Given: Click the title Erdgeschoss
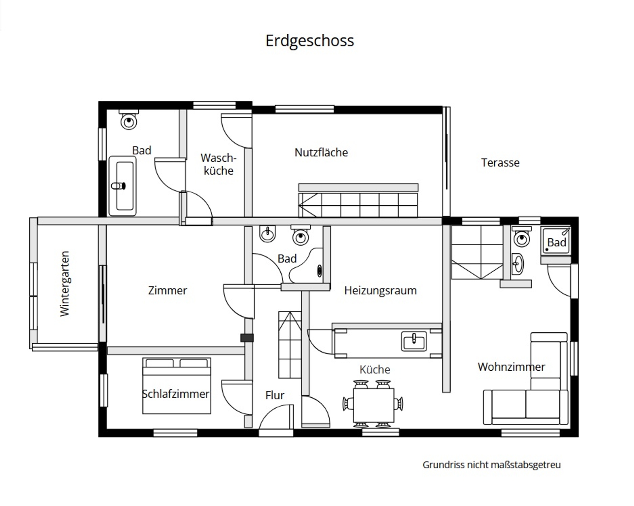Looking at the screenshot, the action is (309, 41).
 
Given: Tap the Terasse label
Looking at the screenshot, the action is (500, 163).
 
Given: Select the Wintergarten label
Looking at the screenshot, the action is (65, 284).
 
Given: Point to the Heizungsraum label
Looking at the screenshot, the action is (380, 290).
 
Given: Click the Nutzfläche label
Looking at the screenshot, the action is (321, 152).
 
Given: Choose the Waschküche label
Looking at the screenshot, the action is (218, 164).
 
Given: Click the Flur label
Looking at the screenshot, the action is (275, 395).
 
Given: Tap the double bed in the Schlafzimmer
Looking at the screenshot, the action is (177, 386).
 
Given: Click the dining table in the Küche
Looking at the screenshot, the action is (373, 405).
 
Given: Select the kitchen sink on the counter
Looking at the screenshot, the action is (414, 341).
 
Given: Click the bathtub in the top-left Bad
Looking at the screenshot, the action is (123, 186).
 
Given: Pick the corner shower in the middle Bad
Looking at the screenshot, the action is (307, 266).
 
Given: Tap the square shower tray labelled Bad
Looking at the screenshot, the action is (555, 240).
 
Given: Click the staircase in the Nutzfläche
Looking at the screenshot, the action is (358, 201).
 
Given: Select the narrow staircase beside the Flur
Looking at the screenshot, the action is (290, 345).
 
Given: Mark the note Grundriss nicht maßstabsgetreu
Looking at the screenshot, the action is (491, 465).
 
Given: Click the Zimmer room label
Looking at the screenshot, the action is (167, 290).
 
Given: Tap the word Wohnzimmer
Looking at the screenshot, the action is (511, 367).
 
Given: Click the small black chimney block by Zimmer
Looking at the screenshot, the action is (247, 338).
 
